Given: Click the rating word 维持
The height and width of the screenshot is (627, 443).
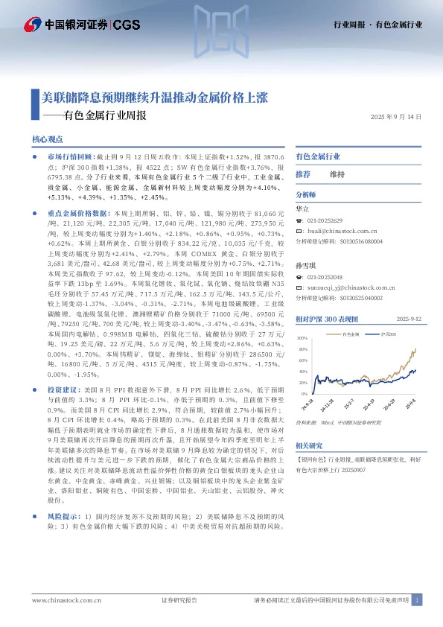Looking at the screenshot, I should pos(337,174).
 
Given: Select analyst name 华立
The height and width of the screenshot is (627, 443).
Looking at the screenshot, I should pos(302,209).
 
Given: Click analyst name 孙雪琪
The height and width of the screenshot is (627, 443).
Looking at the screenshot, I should pos(305,265).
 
